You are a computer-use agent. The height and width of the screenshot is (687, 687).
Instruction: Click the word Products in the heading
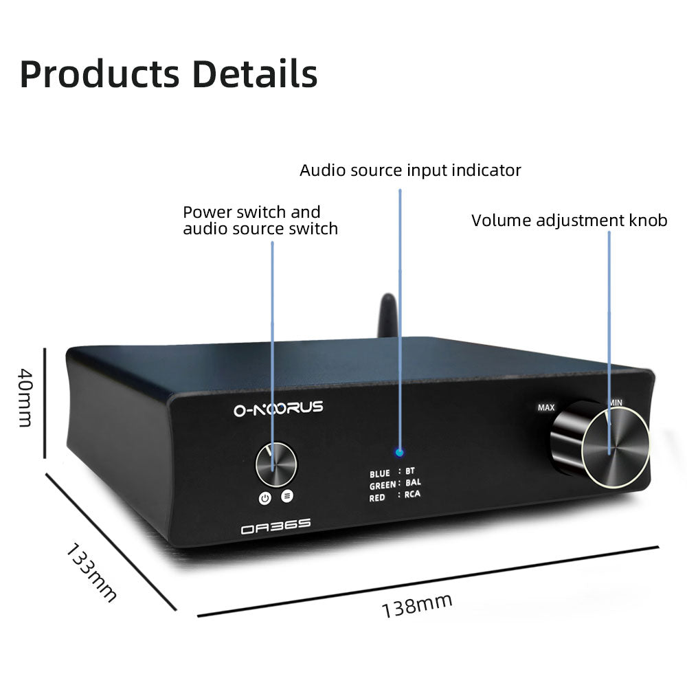tap(99, 74)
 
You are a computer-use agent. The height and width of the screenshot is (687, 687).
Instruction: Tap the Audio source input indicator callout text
tap(410, 170)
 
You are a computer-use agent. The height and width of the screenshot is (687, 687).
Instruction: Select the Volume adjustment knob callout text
tap(569, 221)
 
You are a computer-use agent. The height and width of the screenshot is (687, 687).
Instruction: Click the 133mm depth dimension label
tap(91, 572)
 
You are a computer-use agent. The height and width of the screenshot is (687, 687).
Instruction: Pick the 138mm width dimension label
tap(417, 605)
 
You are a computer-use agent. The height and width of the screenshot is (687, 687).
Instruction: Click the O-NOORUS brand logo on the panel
tap(278, 409)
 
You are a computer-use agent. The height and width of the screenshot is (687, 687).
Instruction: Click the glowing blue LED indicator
tap(400, 453)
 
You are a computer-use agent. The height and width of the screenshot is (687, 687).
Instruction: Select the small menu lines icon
tap(286, 495)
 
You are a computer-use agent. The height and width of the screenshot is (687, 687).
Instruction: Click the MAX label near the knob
tap(546, 407)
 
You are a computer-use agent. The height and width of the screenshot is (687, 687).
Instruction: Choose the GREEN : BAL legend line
tap(395, 484)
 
